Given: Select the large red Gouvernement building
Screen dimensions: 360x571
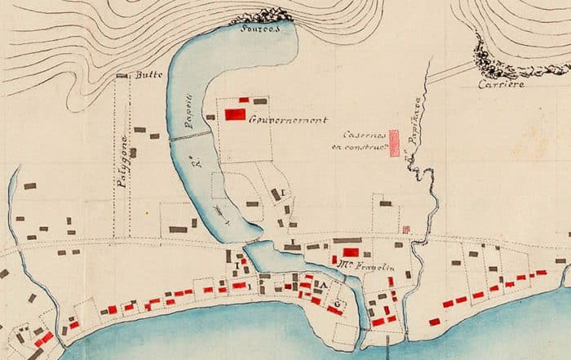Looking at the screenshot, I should pyautogui.click(x=236, y=114).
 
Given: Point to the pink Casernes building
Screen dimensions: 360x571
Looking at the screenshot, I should pyautogui.click(x=395, y=143).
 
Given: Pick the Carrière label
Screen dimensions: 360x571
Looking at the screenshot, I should pyautogui.click(x=502, y=83).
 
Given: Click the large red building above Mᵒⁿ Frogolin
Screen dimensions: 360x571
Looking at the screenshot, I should pyautogui.click(x=350, y=252).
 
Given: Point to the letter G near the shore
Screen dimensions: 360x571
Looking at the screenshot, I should pyautogui.click(x=334, y=305).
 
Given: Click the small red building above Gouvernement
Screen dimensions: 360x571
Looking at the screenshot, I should pyautogui.click(x=243, y=100).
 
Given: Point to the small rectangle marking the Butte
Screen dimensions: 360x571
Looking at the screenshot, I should pyautogui.click(x=123, y=76).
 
